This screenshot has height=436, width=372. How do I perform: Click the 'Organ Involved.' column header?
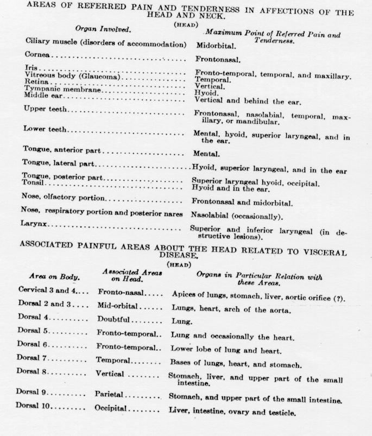[103, 29]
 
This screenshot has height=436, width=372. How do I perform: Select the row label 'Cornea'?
[37, 54]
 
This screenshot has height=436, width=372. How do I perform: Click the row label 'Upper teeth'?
[45, 109]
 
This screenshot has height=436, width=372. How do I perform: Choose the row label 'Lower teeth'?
[45, 129]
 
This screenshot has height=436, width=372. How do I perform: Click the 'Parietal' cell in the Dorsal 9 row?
[109, 395]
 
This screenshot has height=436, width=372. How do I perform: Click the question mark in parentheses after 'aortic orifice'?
[338, 298]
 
